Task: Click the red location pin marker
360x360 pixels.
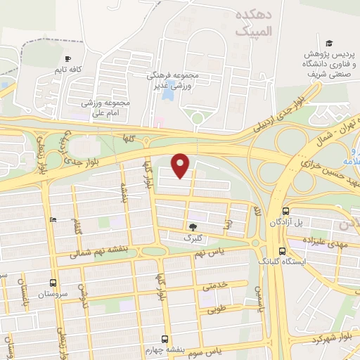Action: pos(181,165)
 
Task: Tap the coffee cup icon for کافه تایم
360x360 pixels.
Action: pos(67,59)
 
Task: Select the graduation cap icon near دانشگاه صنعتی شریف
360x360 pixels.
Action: pos(328,42)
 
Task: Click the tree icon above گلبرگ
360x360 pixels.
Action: pos(192,226)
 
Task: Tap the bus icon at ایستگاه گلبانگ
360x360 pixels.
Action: pos(281,250)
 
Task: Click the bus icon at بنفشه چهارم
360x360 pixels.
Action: pos(165,338)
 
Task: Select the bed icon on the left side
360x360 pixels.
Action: pos(54,219)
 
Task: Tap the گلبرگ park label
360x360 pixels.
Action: pos(192,238)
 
